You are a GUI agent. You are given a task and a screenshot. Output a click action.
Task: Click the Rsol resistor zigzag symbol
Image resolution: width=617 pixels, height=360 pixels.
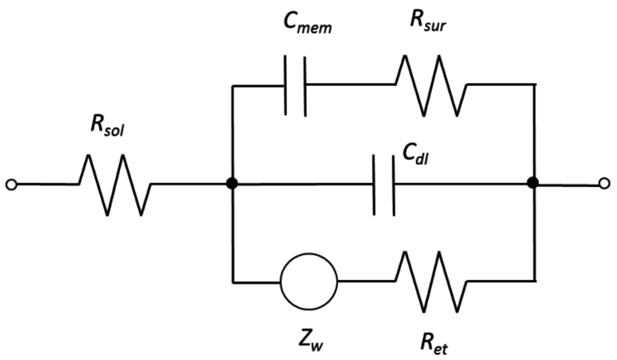114,184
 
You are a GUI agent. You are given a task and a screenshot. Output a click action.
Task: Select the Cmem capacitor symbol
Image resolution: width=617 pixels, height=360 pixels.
295,85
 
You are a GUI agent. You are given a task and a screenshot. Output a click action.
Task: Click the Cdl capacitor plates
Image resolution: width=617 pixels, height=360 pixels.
384,184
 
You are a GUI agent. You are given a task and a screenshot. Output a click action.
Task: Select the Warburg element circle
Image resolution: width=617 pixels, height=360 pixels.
309,280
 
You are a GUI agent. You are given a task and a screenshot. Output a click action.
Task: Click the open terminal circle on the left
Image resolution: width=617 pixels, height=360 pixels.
10,184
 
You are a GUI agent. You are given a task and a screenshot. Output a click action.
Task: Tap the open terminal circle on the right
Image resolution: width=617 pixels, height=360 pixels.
604,183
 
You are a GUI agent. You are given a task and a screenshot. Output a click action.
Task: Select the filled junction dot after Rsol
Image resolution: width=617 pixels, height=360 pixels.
232,184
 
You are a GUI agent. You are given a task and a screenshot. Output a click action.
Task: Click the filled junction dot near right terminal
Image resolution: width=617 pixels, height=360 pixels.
533,183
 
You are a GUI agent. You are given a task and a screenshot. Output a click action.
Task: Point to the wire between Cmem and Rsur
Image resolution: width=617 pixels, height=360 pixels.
349,85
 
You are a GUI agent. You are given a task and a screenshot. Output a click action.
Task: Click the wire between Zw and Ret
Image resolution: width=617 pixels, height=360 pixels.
366,280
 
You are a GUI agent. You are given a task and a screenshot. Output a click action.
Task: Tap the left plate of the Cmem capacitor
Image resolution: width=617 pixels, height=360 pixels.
285,85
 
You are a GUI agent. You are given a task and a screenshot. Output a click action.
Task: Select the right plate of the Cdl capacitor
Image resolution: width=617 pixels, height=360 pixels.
393,184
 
